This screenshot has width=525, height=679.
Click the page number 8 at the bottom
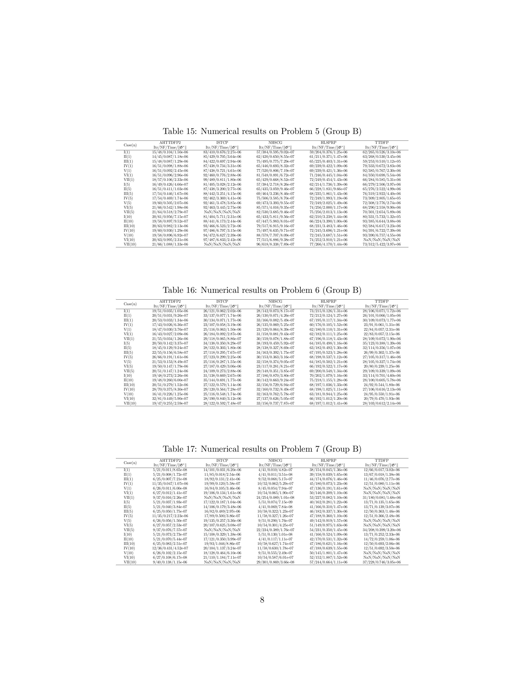pyautogui.click(x=262, y=600)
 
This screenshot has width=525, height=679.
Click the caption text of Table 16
pyautogui.click(x=262, y=290)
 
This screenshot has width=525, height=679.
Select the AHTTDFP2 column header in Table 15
pyautogui.click(x=170, y=143)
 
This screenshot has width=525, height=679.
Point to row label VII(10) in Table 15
pyautogui.click(x=130, y=244)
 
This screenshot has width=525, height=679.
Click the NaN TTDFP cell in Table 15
pyautogui.click(x=382, y=240)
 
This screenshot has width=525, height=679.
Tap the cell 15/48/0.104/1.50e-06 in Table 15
pyautogui.click(x=170, y=152)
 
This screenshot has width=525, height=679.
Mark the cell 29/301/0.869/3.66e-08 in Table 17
pyautogui.click(x=275, y=562)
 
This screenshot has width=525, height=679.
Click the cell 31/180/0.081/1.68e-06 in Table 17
pyautogui.click(x=382, y=498)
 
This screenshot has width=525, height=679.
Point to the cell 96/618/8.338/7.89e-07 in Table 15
pyautogui.click(x=275, y=244)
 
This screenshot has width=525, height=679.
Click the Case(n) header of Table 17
pyautogui.click(x=130, y=463)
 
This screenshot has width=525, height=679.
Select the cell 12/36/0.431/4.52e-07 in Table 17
pyautogui.click(x=170, y=548)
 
